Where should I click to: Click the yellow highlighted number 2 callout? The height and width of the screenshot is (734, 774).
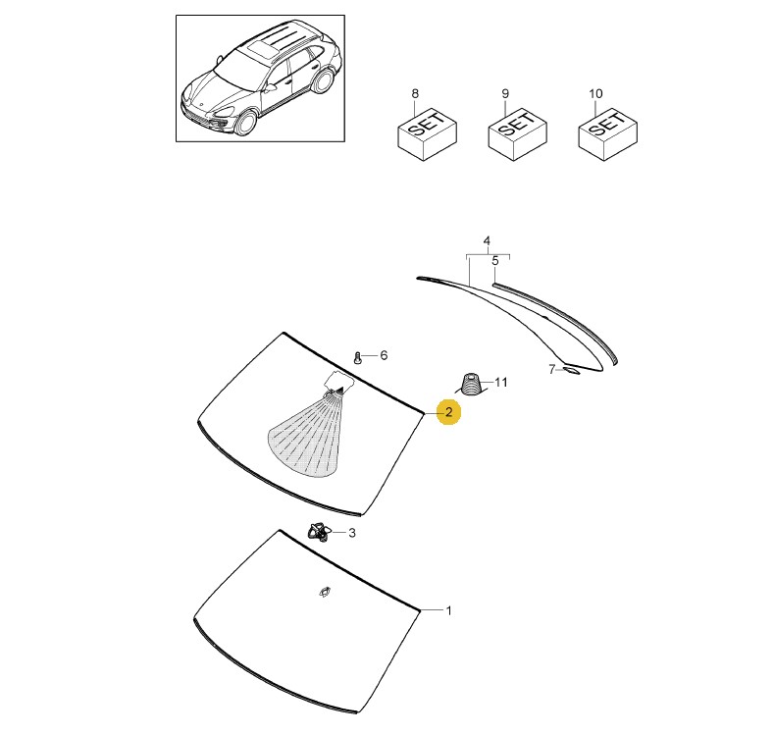pyautogui.click(x=448, y=412)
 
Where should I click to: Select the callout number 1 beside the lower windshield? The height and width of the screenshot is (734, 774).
pyautogui.click(x=448, y=610)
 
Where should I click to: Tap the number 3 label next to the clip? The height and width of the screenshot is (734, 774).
pyautogui.click(x=352, y=533)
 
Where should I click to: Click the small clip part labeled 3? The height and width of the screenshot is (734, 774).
pyautogui.click(x=319, y=531)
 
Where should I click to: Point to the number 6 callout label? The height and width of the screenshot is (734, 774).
pyautogui.click(x=384, y=355)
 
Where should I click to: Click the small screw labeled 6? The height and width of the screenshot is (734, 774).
pyautogui.click(x=358, y=357)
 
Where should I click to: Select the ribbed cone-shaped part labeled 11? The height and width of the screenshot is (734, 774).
pyautogui.click(x=470, y=385)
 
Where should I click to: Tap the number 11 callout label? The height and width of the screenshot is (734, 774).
pyautogui.click(x=501, y=382)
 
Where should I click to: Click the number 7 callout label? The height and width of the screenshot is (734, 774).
pyautogui.click(x=552, y=369)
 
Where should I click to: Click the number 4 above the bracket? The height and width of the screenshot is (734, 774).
pyautogui.click(x=487, y=240)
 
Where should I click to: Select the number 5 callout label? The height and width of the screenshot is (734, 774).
pyautogui.click(x=495, y=261)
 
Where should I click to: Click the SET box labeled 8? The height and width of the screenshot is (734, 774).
pyautogui.click(x=428, y=134)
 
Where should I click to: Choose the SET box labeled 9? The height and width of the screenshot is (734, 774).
pyautogui.click(x=517, y=134)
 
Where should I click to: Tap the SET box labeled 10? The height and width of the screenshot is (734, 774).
pyautogui.click(x=607, y=134)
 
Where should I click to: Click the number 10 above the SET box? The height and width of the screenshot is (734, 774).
pyautogui.click(x=595, y=93)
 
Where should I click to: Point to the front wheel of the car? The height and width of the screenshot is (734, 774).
pyautogui.click(x=246, y=123)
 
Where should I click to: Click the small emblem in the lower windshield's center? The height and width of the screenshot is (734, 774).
pyautogui.click(x=325, y=592)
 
